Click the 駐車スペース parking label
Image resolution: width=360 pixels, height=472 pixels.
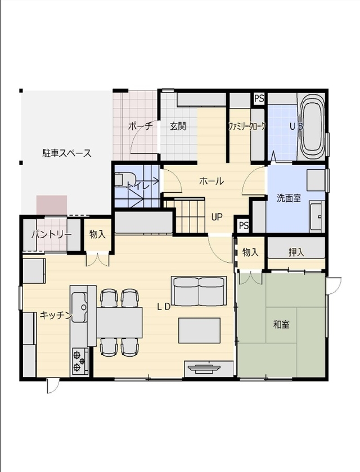tap(66, 152)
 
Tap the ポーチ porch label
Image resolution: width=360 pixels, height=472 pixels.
tap(140, 126)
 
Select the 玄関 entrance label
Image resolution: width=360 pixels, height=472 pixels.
tap(178, 126)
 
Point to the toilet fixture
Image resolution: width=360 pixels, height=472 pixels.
tap(120, 179)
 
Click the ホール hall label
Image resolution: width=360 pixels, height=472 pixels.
tap(211, 181)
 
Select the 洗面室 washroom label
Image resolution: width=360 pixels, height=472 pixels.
tap(288, 198)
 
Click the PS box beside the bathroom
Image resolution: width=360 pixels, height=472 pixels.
tap(259, 98)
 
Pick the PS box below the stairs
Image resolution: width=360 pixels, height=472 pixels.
tap(244, 225)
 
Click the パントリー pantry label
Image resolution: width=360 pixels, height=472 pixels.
tap(51, 234)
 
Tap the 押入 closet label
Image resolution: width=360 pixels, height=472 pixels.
tap(296, 252)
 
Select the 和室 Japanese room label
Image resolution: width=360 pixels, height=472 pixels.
tap(281, 324)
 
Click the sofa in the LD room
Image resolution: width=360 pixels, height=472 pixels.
tap(199, 291)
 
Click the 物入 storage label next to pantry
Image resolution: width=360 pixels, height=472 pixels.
tap(97, 234)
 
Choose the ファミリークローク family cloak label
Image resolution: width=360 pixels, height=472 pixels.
tap(246, 126)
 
